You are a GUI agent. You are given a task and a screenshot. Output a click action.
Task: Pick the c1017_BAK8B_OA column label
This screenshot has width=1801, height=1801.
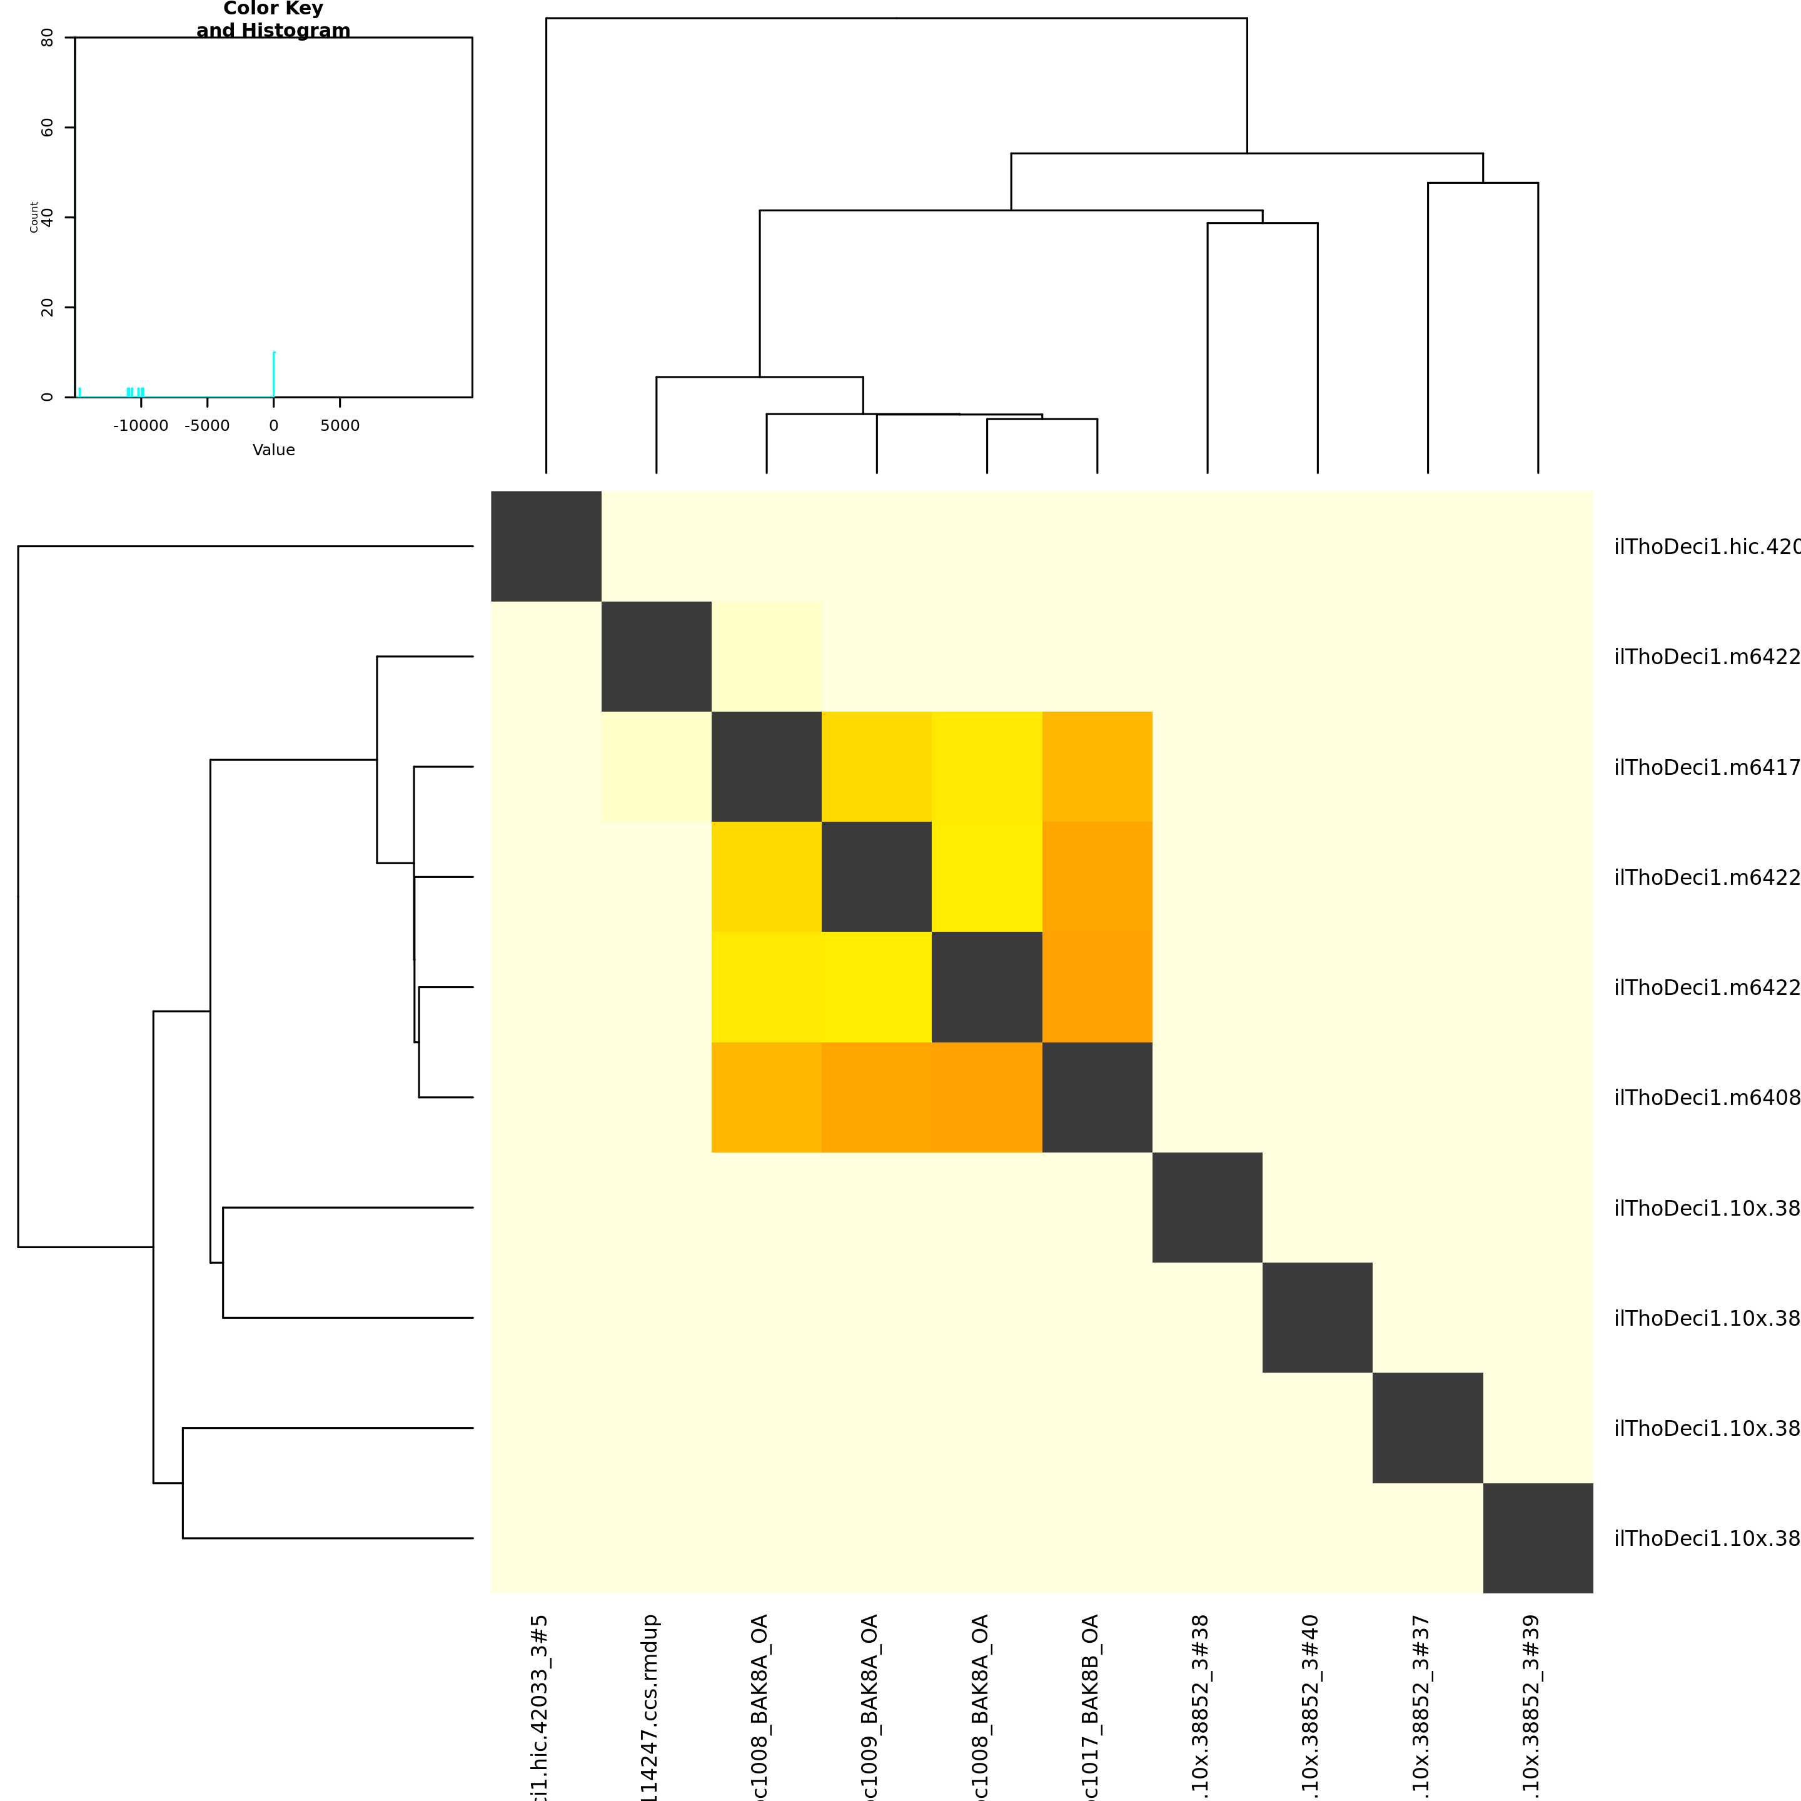[x=1091, y=1706]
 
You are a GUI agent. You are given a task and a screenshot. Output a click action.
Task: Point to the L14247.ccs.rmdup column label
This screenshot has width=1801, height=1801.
[x=650, y=1706]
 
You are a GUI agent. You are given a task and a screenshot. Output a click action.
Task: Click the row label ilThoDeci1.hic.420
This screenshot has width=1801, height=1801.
[x=1706, y=547]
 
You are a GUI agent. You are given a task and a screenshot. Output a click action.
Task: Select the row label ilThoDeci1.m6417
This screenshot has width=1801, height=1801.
[x=1706, y=767]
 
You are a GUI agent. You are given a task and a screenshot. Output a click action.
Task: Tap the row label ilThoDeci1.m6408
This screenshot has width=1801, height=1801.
[x=1706, y=1098]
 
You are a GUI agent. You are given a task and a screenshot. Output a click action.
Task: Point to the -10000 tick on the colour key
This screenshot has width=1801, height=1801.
[x=141, y=426]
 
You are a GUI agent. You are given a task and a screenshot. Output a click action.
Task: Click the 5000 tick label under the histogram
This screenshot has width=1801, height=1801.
[x=340, y=426]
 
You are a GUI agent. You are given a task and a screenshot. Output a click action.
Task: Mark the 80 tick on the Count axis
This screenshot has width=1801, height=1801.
[x=47, y=38]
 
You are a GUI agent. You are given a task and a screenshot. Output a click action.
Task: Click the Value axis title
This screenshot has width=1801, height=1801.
[x=273, y=450]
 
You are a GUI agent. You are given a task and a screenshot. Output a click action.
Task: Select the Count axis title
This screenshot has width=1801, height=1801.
[x=34, y=216]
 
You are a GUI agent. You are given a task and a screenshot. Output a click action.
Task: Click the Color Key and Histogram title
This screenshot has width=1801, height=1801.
[x=273, y=19]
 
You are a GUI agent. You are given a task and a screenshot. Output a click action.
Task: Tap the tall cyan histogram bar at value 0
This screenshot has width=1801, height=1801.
[x=273, y=375]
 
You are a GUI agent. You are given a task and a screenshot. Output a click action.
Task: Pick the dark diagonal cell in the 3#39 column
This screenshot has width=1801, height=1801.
[x=1538, y=1538]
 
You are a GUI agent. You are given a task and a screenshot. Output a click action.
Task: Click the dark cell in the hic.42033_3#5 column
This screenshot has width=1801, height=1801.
[x=547, y=547]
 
